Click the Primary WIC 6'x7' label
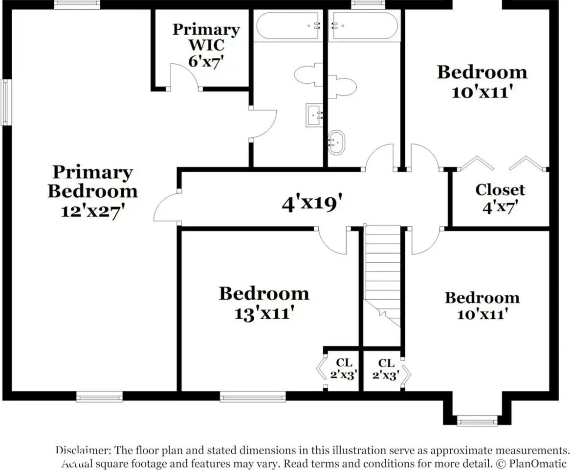point(206,45)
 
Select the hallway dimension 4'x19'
point(312,204)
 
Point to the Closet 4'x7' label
point(500,198)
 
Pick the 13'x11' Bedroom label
point(264,303)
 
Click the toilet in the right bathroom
point(342,86)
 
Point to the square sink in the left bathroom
point(314,115)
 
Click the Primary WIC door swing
point(185,76)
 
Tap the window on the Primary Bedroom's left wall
point(5,102)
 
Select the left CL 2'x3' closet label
point(344,369)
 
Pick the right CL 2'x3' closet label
point(386,369)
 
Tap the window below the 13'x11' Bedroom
point(253,397)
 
